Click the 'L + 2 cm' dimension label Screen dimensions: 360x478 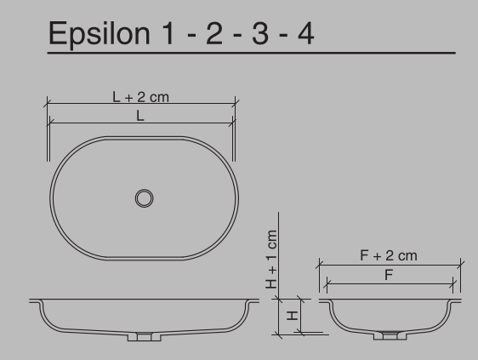pos(141,97)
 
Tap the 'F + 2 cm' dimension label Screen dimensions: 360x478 pos(389,255)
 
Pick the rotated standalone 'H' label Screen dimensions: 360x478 pos(293,315)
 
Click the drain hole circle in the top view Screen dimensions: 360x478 pos(145,197)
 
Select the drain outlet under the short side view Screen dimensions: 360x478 pos(390,336)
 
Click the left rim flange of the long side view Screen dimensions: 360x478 pos(37,301)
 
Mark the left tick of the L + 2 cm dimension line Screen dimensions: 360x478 pos(45,105)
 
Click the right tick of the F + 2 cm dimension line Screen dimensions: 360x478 pos(460,264)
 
